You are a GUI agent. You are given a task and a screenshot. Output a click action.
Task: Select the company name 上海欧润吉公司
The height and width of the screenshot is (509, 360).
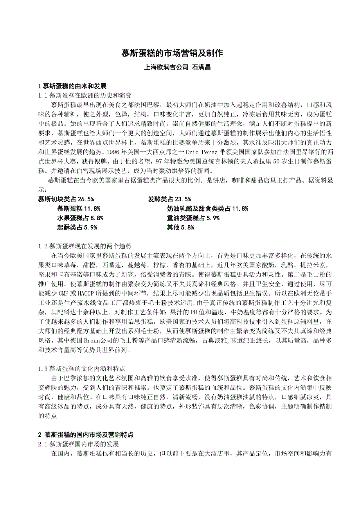pyautogui.click(x=166, y=67)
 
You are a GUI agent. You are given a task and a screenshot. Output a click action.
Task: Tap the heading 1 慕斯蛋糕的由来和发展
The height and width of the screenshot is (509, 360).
pyautogui.click(x=72, y=86)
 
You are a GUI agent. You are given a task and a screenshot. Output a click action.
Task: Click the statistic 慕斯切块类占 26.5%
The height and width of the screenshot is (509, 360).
pyautogui.click(x=66, y=199)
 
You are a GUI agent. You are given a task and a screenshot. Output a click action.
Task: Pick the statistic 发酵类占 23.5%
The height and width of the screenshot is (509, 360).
pyautogui.click(x=169, y=199)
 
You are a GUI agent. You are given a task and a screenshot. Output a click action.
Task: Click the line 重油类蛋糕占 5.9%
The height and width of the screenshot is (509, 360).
pyautogui.click(x=193, y=218)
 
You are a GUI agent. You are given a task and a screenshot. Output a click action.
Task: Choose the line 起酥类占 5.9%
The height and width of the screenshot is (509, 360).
pyautogui.click(x=77, y=227)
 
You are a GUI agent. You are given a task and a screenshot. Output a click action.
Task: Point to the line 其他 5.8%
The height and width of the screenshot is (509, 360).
pyautogui.click(x=180, y=227)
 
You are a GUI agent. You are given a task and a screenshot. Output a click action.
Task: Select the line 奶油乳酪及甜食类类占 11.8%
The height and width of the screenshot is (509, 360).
pyautogui.click(x=207, y=208)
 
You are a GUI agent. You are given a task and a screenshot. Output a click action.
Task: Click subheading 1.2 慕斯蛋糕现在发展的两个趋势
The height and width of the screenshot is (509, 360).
pyautogui.click(x=85, y=246)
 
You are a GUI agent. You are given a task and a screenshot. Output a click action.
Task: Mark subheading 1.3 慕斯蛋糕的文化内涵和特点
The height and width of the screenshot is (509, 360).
pyautogui.click(x=82, y=369)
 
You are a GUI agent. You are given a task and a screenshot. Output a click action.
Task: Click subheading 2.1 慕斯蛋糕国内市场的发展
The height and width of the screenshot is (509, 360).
pyautogui.click(x=79, y=444)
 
